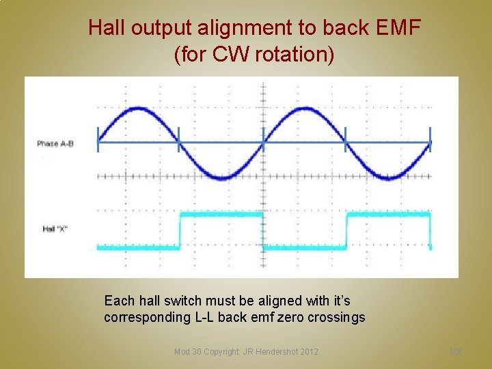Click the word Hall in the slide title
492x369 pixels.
pyautogui.click(x=107, y=29)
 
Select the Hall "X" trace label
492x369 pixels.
pyautogui.click(x=55, y=229)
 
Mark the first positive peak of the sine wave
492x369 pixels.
pyautogui.click(x=139, y=109)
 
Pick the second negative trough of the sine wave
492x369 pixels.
pyautogui.click(x=388, y=177)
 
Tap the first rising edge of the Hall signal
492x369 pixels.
pyautogui.click(x=180, y=231)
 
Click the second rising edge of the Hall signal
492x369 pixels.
pyautogui.click(x=346, y=231)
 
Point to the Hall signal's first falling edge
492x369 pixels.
pyautogui.click(x=263, y=231)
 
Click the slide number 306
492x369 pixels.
pyautogui.click(x=456, y=351)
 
